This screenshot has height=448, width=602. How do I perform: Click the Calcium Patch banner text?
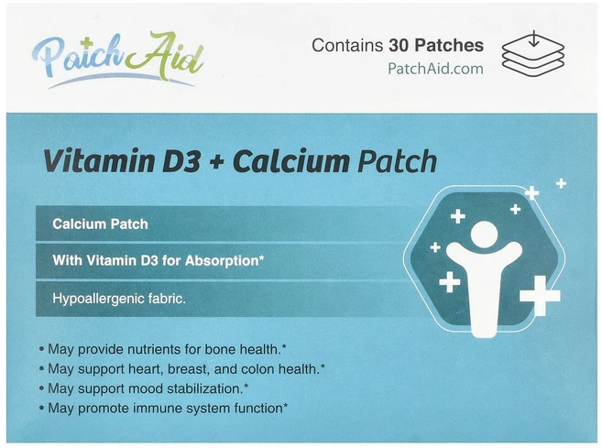tap(101, 224)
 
